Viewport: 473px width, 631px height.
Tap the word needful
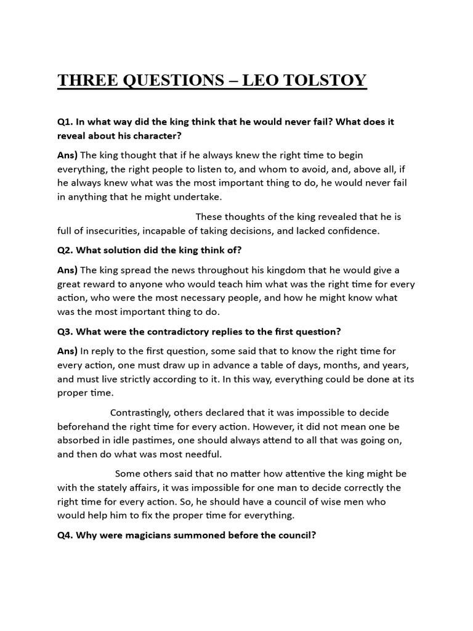click(x=201, y=455)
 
